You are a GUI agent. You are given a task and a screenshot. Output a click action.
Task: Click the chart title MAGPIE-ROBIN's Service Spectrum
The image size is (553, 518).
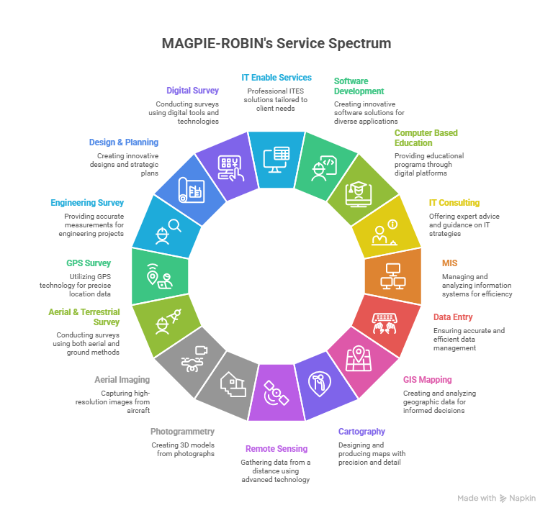tap(276, 44)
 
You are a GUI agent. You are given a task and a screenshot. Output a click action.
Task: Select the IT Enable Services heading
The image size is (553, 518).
tap(276, 77)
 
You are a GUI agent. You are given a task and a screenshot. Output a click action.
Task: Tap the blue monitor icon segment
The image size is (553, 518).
tap(276, 158)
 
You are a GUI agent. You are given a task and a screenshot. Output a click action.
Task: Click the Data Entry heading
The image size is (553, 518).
tap(453, 317)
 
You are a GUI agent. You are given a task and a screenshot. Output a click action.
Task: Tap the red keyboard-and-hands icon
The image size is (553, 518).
tap(381, 322)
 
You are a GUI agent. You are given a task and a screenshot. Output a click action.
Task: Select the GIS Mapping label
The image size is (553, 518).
tap(427, 379)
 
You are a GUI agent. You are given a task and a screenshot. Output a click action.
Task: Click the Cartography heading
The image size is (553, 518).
tap(361, 432)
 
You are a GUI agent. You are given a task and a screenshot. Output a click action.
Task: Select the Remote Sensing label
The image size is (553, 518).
tap(276, 448)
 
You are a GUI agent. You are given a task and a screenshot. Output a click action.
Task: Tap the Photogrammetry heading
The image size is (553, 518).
tap(182, 432)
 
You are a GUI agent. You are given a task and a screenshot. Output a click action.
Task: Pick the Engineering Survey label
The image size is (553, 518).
tap(87, 203)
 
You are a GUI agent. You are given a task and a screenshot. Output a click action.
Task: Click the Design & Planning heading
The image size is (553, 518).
tap(123, 142)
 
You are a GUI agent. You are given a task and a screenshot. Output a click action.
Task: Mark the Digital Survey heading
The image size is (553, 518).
tap(192, 91)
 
